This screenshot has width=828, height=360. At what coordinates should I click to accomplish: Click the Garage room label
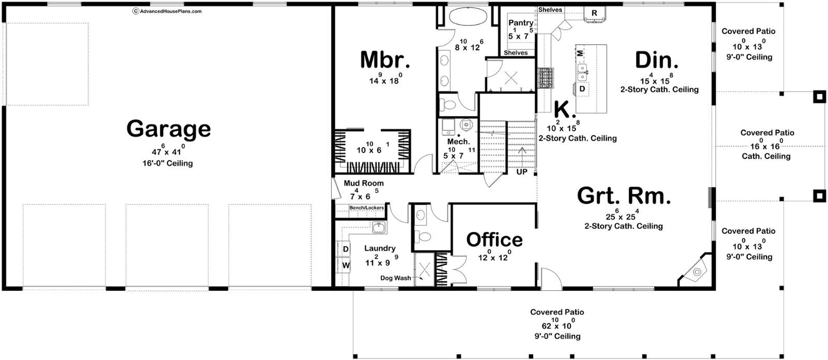[169, 129]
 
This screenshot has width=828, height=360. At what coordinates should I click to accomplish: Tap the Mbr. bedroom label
[385, 60]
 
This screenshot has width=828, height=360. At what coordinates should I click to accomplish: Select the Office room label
[495, 240]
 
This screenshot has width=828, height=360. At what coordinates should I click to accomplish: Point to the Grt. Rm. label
[624, 196]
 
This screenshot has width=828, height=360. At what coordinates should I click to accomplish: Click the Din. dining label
[657, 60]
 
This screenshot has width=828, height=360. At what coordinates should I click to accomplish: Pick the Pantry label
[521, 23]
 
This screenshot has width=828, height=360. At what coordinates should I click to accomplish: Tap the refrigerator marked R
[594, 13]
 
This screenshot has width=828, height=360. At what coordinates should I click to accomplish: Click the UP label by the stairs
[522, 172]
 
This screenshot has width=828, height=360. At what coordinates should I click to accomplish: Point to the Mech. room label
[459, 142]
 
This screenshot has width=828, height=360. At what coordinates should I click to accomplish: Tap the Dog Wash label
[395, 278]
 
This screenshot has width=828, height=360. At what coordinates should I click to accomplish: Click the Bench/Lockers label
[367, 208]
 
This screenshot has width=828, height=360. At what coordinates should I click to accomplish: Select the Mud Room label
[364, 183]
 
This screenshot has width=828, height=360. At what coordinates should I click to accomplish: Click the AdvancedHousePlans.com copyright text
[167, 11]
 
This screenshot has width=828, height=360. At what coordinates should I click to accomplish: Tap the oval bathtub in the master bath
[468, 16]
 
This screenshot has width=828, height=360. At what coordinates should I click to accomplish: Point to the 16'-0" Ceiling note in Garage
[168, 163]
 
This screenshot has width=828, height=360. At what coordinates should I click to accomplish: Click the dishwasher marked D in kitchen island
[582, 88]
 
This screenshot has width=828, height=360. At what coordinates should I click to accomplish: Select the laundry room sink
[379, 227]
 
